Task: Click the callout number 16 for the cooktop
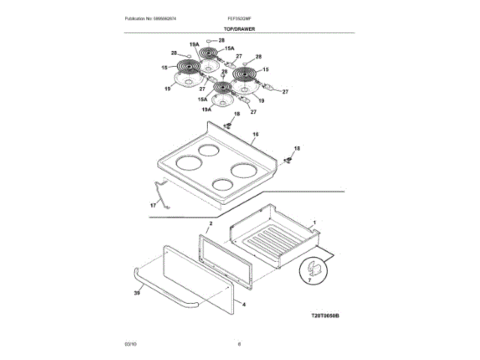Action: point(255,134)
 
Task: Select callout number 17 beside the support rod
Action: point(153,204)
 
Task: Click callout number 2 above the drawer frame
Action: point(211,223)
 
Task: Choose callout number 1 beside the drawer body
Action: point(315,223)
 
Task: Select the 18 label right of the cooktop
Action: point(296,149)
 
